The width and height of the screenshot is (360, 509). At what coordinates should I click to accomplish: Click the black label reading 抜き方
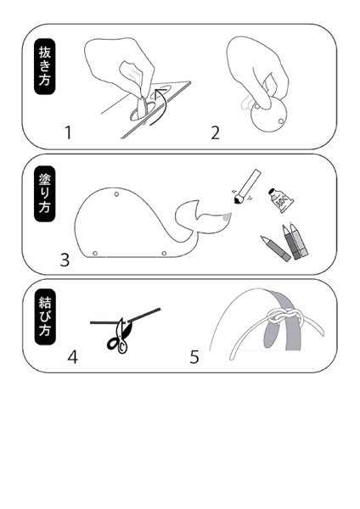(44, 66)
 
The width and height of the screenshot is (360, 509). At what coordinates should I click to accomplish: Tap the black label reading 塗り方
(44, 193)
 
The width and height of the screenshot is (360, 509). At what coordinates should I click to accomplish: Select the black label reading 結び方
(45, 316)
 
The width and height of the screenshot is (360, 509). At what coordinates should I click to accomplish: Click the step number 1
(68, 132)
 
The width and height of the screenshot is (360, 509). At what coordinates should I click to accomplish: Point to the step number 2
(215, 133)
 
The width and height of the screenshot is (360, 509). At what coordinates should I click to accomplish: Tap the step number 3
(65, 260)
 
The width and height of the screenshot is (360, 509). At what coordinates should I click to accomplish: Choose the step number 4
(73, 357)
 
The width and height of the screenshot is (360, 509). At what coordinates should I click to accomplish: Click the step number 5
(194, 357)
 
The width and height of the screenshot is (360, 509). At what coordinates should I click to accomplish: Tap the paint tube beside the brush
(281, 200)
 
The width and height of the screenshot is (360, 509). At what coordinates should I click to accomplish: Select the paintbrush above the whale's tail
(246, 187)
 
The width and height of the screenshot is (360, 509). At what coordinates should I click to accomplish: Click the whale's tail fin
(201, 217)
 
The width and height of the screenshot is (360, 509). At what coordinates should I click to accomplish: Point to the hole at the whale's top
(116, 194)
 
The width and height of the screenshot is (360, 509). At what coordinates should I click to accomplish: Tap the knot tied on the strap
(282, 316)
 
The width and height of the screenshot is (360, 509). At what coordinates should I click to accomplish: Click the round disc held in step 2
(269, 115)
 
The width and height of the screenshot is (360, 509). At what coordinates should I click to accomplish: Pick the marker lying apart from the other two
(276, 249)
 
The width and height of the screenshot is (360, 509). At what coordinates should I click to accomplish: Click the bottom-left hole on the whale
(95, 253)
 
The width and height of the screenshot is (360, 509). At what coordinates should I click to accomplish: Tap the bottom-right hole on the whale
(164, 253)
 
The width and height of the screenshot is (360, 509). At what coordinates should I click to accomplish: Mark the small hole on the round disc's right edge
(281, 121)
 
